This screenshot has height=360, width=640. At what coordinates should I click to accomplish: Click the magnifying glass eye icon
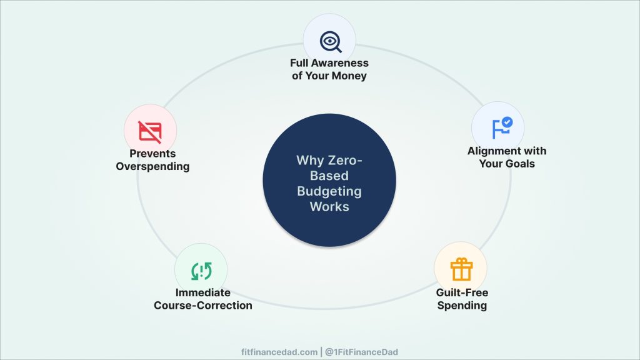(x=330, y=41)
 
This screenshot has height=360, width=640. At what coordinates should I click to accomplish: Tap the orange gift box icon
(x=461, y=269)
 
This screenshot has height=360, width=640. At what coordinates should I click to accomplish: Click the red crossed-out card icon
(x=150, y=131)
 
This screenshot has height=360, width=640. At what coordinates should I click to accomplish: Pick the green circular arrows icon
(x=201, y=270)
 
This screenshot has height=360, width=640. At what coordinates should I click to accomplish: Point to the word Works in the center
(x=329, y=206)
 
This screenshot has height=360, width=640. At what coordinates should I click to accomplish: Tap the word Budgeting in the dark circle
(x=329, y=191)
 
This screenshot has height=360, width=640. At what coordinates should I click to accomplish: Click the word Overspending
(x=152, y=166)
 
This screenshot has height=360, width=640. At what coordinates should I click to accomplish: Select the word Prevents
(x=152, y=154)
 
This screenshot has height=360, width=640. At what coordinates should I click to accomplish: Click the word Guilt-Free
(x=462, y=292)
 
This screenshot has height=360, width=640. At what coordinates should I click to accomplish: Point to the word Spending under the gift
(x=462, y=306)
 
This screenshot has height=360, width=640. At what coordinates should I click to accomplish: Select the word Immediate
(x=202, y=292)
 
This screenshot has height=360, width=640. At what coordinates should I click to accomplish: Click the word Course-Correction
(x=202, y=306)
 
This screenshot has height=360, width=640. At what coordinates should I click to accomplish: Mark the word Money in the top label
(x=350, y=76)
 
